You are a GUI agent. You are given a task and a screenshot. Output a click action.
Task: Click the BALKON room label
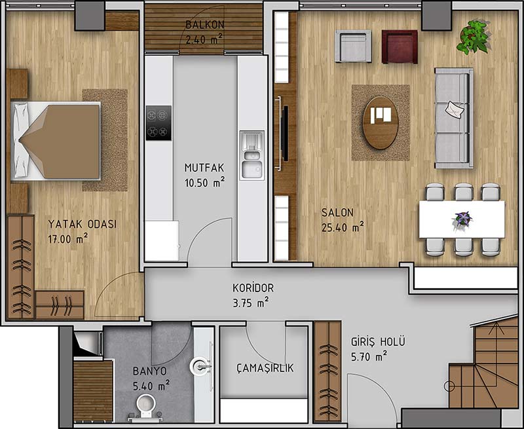[x=205, y=25]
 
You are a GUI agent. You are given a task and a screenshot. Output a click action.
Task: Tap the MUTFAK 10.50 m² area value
[x=204, y=183]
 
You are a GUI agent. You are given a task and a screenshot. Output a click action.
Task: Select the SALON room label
[x=337, y=212]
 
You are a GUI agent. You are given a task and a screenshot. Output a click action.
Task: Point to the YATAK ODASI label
[x=83, y=224]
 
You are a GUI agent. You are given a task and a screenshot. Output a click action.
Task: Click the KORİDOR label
[x=253, y=288]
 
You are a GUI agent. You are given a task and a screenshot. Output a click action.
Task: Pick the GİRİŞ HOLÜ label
[x=378, y=342]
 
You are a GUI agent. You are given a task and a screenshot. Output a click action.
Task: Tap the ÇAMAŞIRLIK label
[x=265, y=368]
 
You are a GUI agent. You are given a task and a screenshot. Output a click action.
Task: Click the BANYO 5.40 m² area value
[x=151, y=386]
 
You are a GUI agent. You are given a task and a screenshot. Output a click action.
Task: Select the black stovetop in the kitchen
[x=159, y=123]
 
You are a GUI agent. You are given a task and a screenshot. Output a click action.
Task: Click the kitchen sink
[x=252, y=156]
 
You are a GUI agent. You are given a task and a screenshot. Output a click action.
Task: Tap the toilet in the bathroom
[x=145, y=407]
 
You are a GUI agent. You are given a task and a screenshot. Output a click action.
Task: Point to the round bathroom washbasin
[x=200, y=367]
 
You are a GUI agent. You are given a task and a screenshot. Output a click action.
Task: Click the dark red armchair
[x=400, y=47]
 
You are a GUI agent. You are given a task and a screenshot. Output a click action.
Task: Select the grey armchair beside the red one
[x=353, y=47]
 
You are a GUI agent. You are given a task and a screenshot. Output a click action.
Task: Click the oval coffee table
[x=381, y=122]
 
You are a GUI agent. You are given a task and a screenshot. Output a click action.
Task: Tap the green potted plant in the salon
[x=474, y=37]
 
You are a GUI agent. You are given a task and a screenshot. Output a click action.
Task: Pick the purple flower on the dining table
[x=463, y=219]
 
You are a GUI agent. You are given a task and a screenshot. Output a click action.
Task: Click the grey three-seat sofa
[x=454, y=119]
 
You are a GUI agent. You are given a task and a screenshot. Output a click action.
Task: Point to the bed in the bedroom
[x=56, y=141]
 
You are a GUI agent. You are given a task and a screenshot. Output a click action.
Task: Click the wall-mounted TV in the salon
[x=285, y=133]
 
